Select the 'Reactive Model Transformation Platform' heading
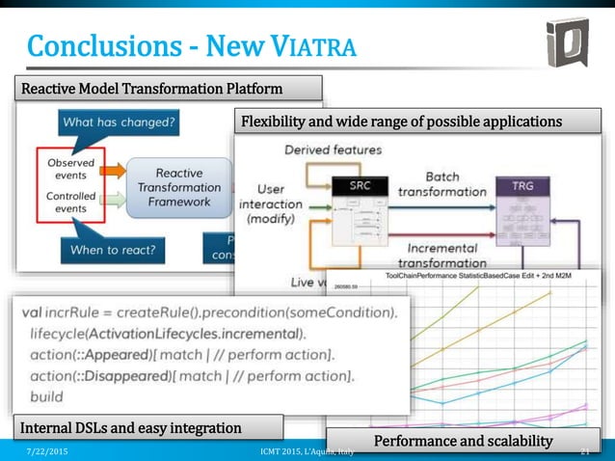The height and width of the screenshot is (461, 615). [152, 89]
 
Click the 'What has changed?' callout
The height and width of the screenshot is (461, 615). [117, 122]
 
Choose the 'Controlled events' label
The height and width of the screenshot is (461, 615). [70, 202]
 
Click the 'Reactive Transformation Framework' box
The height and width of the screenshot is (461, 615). [178, 187]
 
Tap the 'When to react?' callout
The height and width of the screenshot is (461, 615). [114, 251]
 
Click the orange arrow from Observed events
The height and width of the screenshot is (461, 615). [113, 172]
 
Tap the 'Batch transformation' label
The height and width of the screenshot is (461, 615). [441, 184]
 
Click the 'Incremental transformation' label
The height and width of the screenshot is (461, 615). [441, 255]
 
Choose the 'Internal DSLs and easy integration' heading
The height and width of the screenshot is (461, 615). [131, 426]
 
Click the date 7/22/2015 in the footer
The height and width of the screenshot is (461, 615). [45, 451]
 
